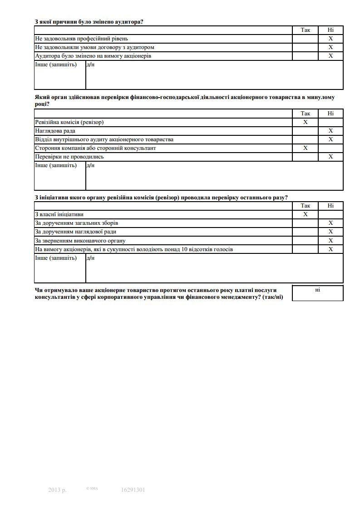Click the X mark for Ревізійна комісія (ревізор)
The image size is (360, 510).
click(305, 122)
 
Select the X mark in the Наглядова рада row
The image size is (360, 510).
click(330, 131)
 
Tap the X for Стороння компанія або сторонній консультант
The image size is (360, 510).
click(305, 148)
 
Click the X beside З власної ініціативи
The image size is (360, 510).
click(305, 214)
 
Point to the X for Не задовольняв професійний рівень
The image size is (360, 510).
click(330, 39)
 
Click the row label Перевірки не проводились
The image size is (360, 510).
click(69, 157)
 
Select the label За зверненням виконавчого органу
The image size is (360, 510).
click(80, 241)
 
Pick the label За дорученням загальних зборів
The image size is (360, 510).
click(77, 223)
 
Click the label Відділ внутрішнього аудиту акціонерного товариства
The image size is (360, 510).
click(104, 139)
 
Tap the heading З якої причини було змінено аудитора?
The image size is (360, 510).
click(89, 21)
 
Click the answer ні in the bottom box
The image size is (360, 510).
click(317, 290)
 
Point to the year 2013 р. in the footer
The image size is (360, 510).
click(57, 490)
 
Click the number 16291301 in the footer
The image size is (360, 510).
click(133, 490)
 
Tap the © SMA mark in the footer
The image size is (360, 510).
click(92, 489)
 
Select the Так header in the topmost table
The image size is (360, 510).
click(306, 30)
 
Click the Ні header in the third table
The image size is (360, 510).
click(330, 206)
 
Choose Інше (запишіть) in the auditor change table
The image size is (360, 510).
click(56, 64)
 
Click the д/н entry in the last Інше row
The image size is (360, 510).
click(90, 258)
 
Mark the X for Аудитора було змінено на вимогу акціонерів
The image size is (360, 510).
click(330, 56)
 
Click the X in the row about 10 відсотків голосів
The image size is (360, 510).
click(330, 249)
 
